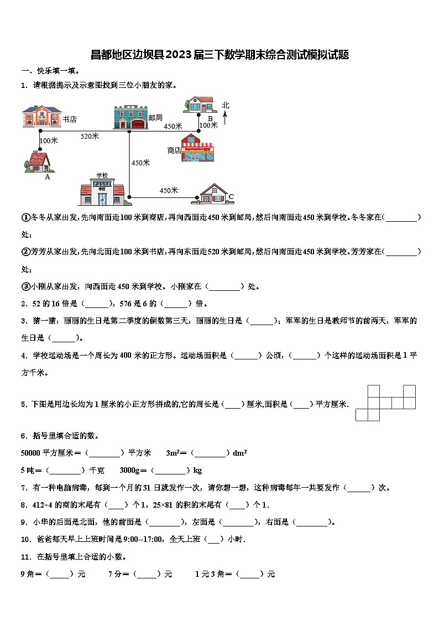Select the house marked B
[200, 105]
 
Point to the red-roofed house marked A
[37, 161]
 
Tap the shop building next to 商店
[197, 148]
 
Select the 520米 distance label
[90, 136]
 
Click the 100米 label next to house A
[49, 140]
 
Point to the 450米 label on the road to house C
[169, 191]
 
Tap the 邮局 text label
[155, 118]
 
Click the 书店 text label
[70, 119]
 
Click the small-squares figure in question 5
[385, 403]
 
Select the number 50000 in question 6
[30, 453]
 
